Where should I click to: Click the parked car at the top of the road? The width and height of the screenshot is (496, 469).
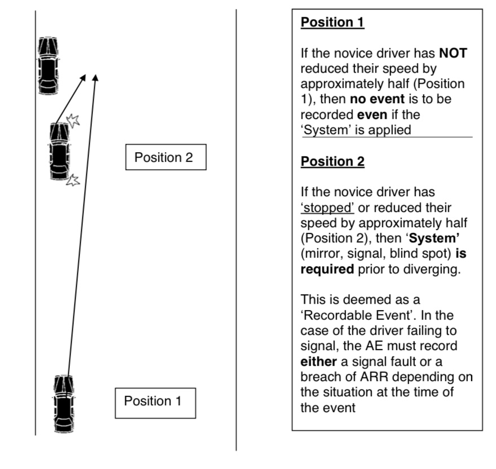coord(48,65)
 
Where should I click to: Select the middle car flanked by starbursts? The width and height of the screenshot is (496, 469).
coord(60,151)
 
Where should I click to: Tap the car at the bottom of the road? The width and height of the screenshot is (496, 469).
coord(64,404)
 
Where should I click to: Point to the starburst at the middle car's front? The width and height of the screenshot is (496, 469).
coord(73,120)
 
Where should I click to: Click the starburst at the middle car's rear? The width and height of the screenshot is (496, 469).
coord(73,180)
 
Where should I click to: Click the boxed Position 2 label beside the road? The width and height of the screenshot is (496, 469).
coord(165,157)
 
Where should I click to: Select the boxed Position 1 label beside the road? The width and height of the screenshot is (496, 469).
coord(155,401)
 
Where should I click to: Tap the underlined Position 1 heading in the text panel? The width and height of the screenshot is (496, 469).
coord(333,23)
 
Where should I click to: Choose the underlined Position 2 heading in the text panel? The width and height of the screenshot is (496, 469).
coord(333,162)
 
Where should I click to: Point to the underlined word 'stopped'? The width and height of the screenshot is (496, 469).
coord(327,207)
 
